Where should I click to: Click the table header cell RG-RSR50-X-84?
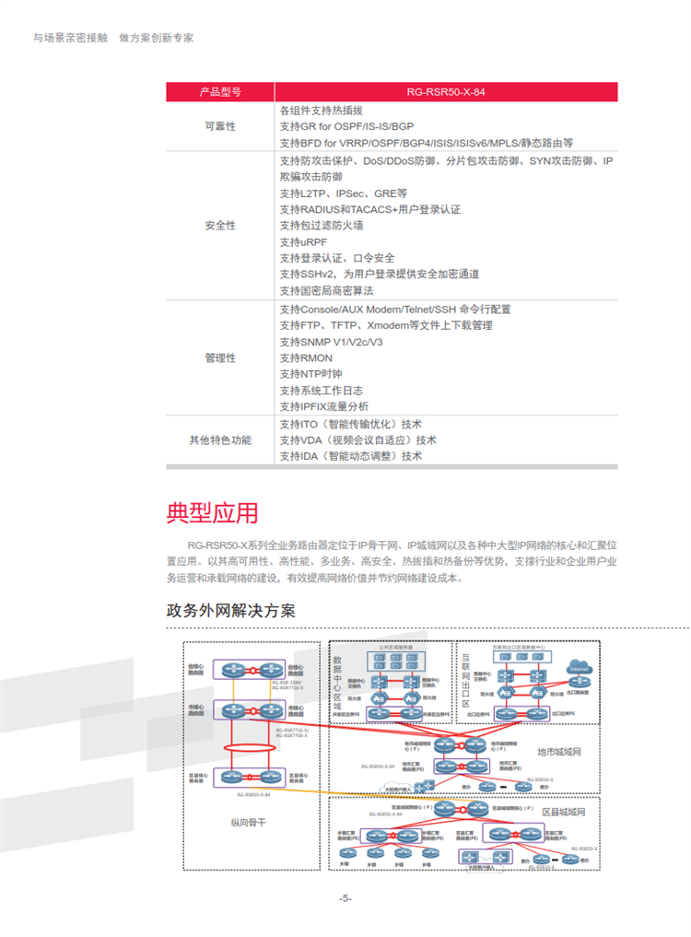coord(445,92)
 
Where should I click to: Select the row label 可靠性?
coord(219,126)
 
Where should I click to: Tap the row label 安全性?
coord(219,226)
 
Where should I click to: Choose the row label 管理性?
coord(219,357)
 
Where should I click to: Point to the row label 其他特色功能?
coord(219,440)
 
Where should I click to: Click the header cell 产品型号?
coord(219,92)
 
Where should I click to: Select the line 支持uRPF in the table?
coord(302,241)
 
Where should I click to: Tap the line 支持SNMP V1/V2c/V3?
coord(331,342)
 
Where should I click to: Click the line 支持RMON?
coord(306,357)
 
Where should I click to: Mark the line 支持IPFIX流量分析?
coord(323,406)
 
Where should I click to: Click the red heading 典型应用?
coord(212,512)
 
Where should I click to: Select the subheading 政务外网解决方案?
coord(230,611)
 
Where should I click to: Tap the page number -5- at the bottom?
coord(345,898)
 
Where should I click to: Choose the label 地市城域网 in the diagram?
coord(559,752)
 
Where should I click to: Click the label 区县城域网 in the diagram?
coord(563,813)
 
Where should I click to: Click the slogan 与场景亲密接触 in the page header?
coord(71,38)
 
